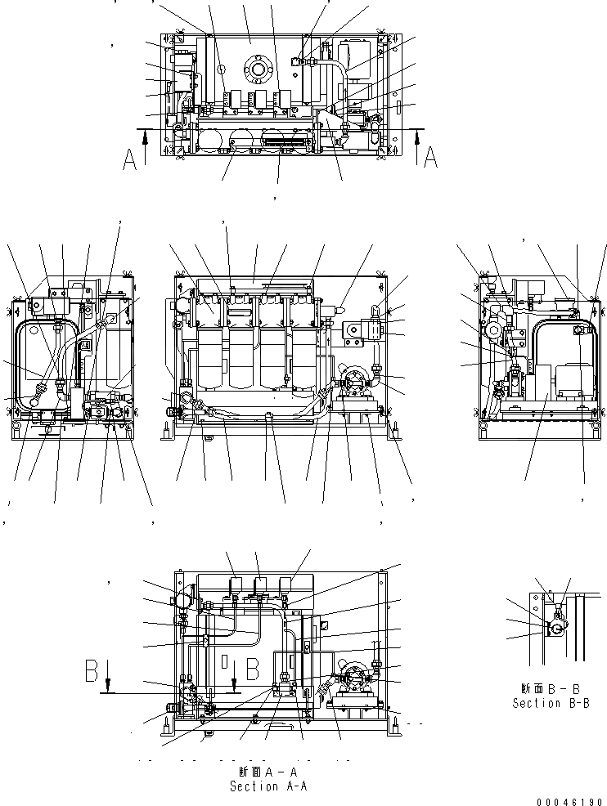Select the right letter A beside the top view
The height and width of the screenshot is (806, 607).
click(x=431, y=157)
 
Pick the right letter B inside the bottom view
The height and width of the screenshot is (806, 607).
click(x=253, y=668)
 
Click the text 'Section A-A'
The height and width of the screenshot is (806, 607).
click(x=268, y=786)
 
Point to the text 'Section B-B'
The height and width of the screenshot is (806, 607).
click(x=550, y=703)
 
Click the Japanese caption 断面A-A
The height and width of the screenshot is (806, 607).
click(x=268, y=772)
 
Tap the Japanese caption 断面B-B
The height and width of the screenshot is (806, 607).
click(x=550, y=688)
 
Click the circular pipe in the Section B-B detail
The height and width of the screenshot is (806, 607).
click(x=555, y=628)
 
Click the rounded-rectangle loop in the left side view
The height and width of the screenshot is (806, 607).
click(x=49, y=363)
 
